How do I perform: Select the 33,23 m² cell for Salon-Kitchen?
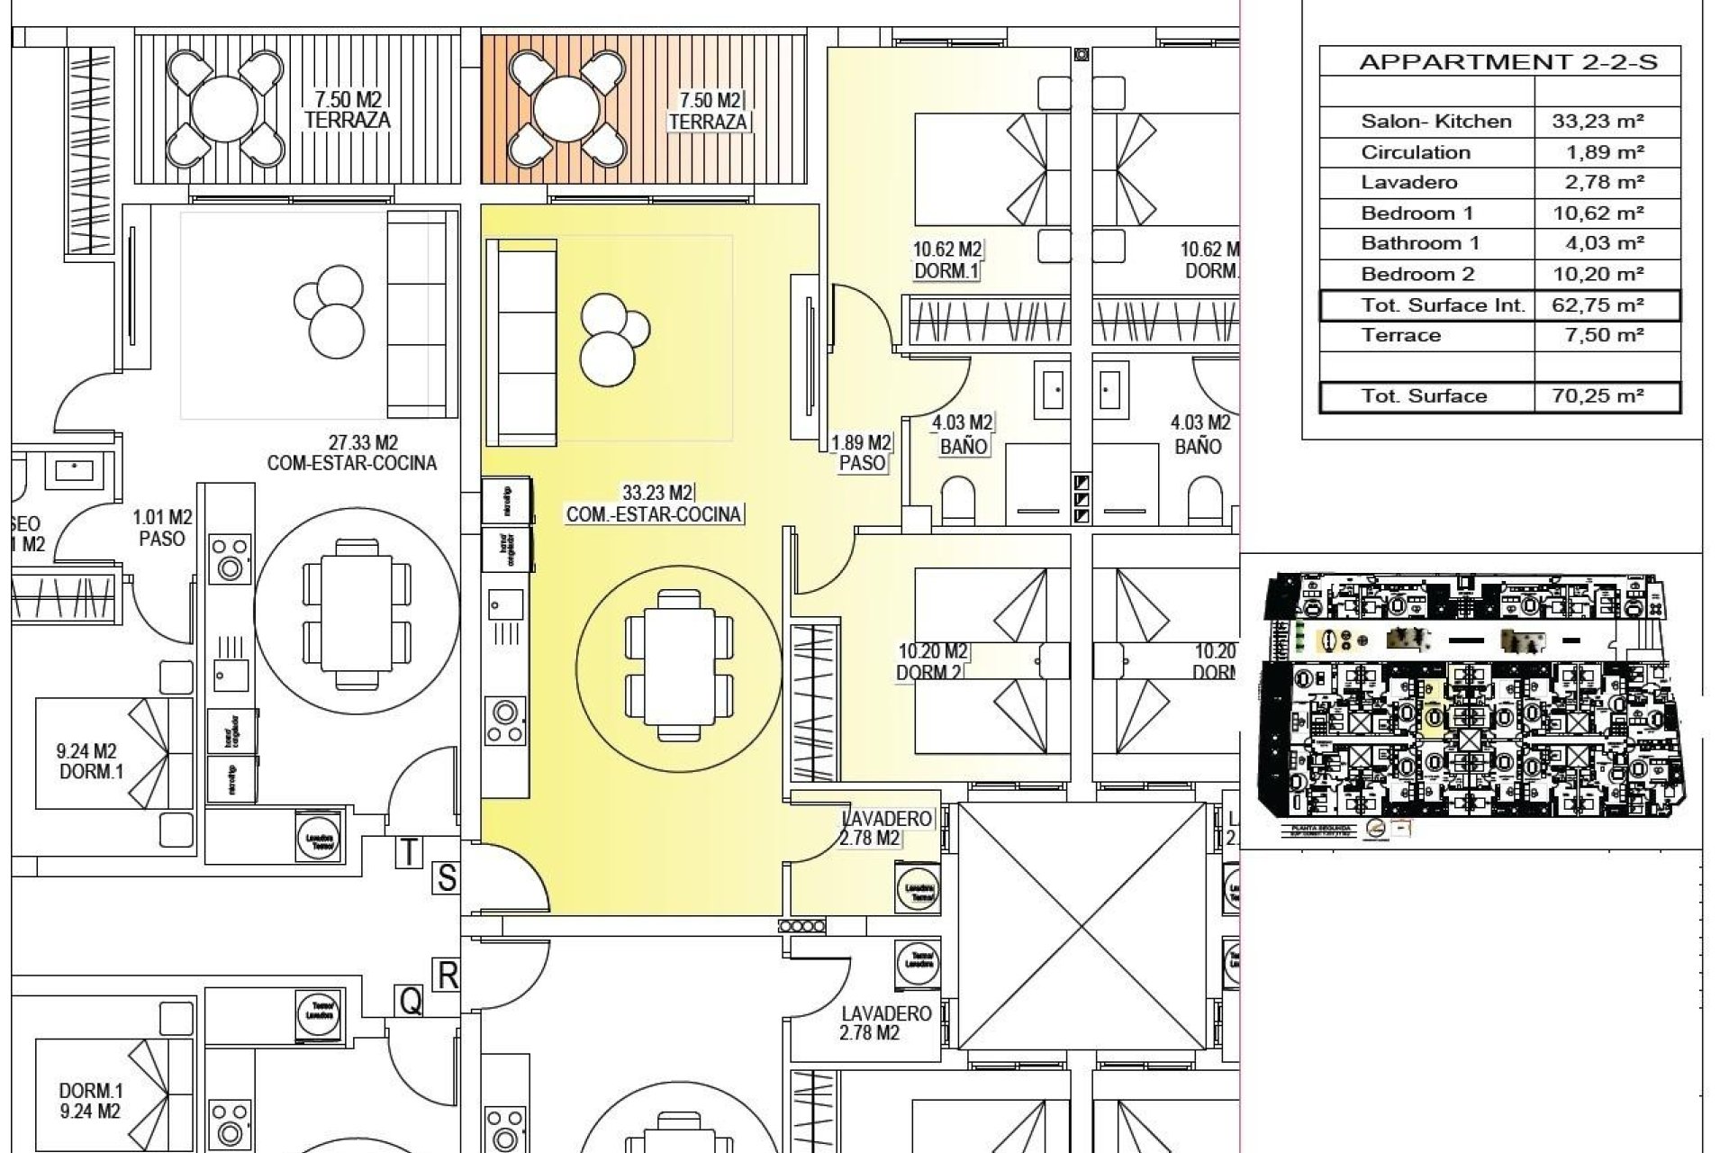(1598, 122)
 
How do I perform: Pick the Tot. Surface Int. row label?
(1443, 305)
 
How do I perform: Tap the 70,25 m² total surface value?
(1598, 396)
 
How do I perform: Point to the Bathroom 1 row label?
(1419, 243)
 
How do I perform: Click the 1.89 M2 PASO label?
(861, 454)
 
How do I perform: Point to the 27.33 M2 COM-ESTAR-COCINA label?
(351, 453)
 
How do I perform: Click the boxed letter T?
(409, 852)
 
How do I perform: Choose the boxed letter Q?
(411, 1001)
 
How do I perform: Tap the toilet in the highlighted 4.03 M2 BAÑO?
(958, 501)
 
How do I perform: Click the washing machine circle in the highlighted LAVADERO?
(917, 891)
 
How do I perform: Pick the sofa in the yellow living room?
(521, 342)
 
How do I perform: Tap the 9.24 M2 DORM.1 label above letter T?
(87, 762)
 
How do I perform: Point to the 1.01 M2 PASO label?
(162, 529)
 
